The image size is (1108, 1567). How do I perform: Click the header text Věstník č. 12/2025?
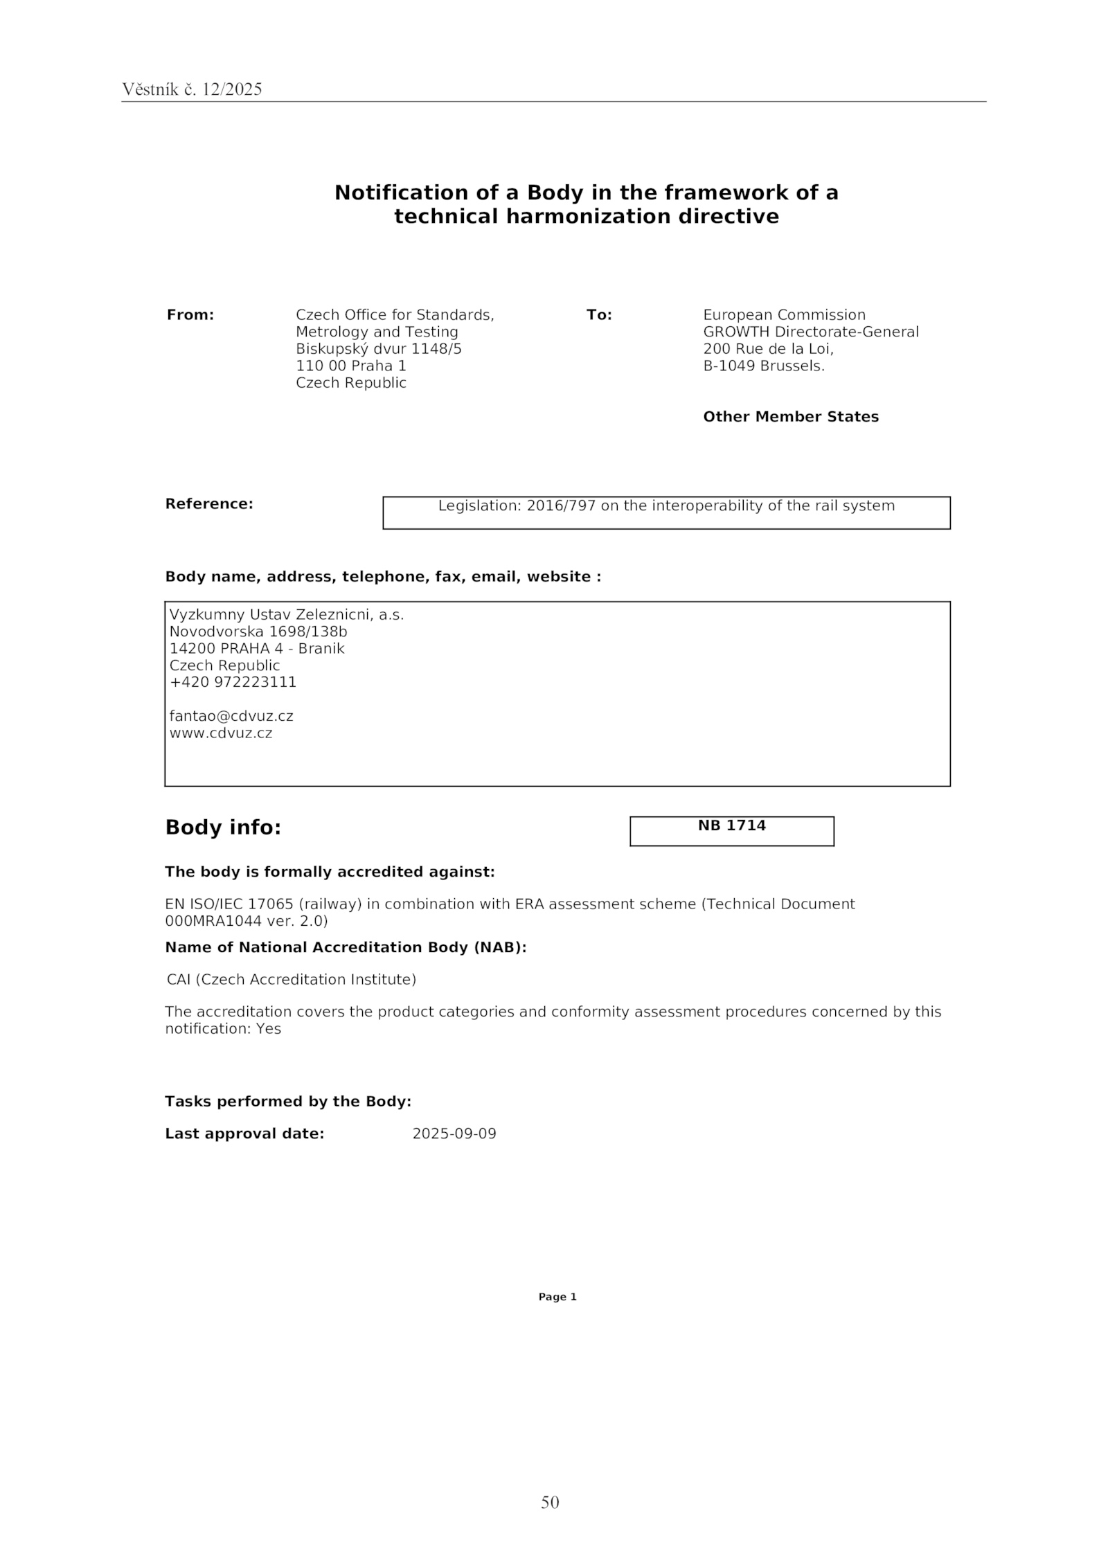pos(192,89)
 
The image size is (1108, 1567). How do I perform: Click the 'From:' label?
pos(190,315)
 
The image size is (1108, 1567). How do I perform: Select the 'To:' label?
pos(599,315)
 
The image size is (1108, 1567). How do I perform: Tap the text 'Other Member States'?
pos(791,417)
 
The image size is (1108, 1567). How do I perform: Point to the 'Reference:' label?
pos(209,504)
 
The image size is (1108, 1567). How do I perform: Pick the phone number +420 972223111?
pos(233,682)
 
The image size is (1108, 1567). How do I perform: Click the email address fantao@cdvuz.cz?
pos(231,716)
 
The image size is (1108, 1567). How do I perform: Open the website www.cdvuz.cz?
pos(221,733)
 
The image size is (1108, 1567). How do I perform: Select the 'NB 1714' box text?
pos(731,825)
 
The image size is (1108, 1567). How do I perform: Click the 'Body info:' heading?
pos(223,827)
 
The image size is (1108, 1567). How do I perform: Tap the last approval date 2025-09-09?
pos(454,1134)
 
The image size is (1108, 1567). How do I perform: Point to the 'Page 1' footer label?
pos(557,1297)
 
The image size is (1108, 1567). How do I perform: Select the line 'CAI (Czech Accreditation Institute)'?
pos(292,980)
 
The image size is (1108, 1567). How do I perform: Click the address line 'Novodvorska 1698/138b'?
pos(258,632)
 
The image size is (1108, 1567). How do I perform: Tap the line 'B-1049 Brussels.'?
pos(764,366)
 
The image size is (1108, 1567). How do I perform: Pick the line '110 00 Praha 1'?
pos(351,366)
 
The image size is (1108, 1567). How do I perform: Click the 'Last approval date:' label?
pos(244,1134)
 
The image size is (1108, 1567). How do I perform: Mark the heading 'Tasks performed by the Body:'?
pos(288,1102)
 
